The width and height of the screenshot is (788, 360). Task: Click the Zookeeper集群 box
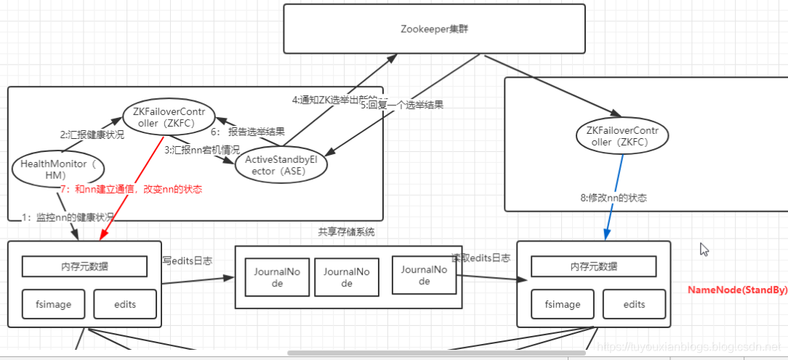434,29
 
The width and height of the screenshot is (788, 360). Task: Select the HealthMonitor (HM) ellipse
58,169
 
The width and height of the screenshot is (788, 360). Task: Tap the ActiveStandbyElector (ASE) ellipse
281,164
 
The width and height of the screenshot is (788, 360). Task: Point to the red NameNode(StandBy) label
737,289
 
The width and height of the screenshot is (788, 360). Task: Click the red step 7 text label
131,189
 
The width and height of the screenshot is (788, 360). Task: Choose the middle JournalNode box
347,277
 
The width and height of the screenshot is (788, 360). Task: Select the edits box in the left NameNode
124,304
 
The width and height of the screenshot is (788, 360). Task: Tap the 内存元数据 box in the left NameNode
85,266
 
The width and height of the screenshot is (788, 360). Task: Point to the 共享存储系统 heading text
347,232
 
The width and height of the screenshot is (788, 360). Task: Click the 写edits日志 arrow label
187,260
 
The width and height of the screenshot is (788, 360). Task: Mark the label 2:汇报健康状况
92,135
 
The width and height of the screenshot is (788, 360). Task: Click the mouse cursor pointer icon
703,249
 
